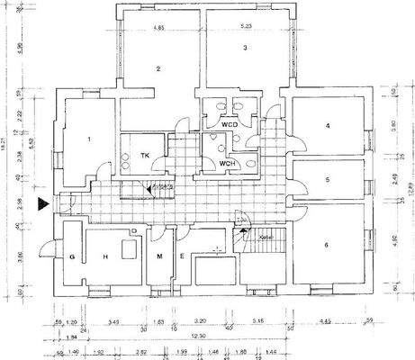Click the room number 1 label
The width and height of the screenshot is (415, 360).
pyautogui.click(x=90, y=139)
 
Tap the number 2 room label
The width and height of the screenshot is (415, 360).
pyautogui.click(x=157, y=68)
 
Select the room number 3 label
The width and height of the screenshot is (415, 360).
pyautogui.click(x=244, y=47)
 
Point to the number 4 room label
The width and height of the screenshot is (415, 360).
pyautogui.click(x=328, y=126)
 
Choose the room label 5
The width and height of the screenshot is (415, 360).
pyautogui.click(x=328, y=179)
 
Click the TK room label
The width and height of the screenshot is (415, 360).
pyautogui.click(x=144, y=156)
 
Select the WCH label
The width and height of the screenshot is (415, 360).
pyautogui.click(x=228, y=163)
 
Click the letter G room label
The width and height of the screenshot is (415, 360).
pyautogui.click(x=70, y=257)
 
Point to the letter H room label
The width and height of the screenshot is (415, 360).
pyautogui.click(x=105, y=257)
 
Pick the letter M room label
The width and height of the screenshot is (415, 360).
pyautogui.click(x=158, y=257)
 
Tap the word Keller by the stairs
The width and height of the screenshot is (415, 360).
pyautogui.click(x=265, y=238)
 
